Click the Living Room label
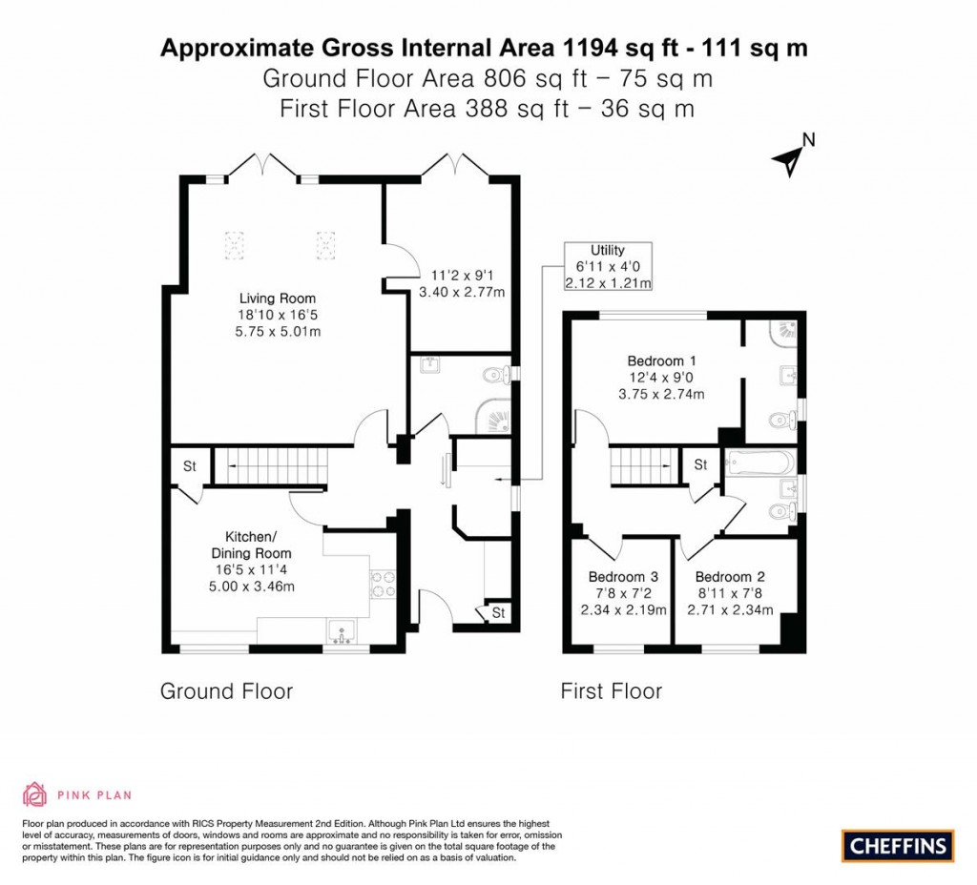[278, 298]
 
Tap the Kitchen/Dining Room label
[252, 545]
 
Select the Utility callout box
[608, 266]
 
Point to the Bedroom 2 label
[730, 577]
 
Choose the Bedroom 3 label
[623, 577]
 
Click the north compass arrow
[792, 159]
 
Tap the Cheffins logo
[897, 844]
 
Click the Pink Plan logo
[76, 793]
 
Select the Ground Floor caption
[226, 690]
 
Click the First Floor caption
[611, 690]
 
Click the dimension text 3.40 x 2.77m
[462, 292]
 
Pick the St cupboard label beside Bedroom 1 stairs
[700, 464]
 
